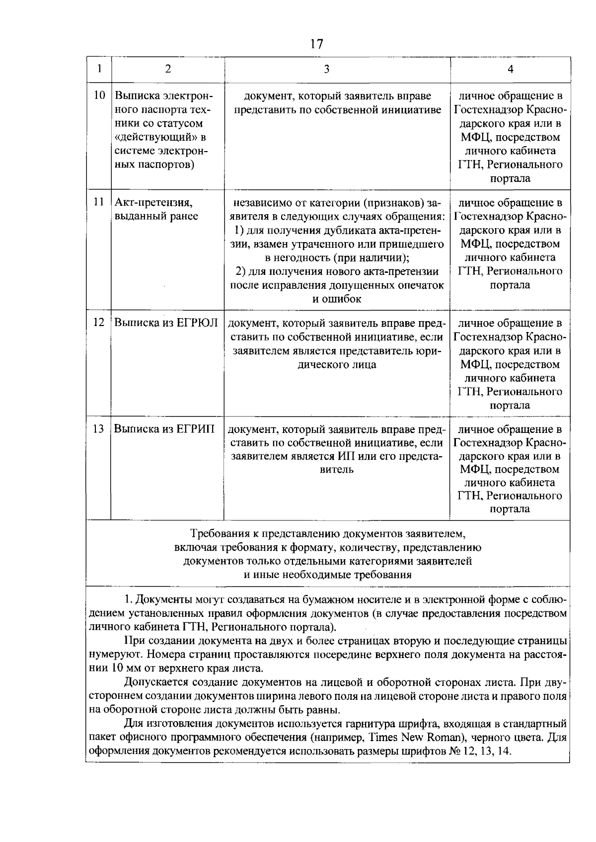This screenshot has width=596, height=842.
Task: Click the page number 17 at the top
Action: pyautogui.click(x=316, y=44)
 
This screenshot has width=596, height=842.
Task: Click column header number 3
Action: pyautogui.click(x=326, y=69)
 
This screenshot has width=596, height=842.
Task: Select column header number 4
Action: pyautogui.click(x=510, y=69)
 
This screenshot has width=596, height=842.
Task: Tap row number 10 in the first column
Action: pyautogui.click(x=99, y=95)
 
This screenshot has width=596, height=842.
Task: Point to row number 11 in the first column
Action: pyautogui.click(x=99, y=202)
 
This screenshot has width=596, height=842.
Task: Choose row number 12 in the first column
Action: pyautogui.click(x=99, y=323)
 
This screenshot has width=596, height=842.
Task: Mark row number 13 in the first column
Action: pyautogui.click(x=99, y=428)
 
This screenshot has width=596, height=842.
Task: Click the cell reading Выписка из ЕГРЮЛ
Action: pyautogui.click(x=166, y=323)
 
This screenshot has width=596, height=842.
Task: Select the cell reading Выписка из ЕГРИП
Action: pyautogui.click(x=164, y=428)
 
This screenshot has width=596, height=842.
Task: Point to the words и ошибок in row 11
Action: pyautogui.click(x=336, y=299)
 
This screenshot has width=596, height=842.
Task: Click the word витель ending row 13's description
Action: pyautogui.click(x=336, y=469)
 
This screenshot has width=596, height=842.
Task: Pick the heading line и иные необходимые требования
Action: pyautogui.click(x=327, y=575)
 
